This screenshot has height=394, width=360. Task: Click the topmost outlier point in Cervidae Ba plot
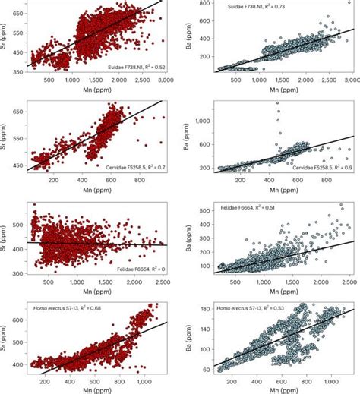click(x=276, y=103)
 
